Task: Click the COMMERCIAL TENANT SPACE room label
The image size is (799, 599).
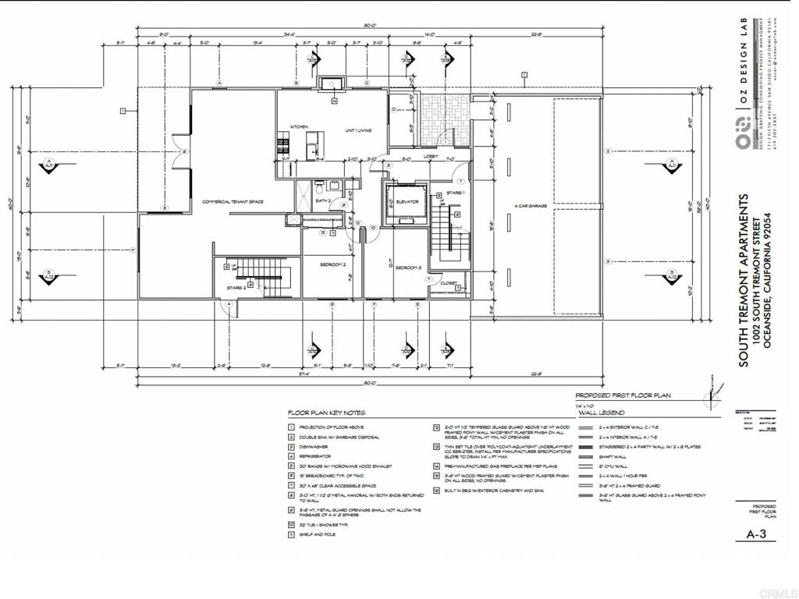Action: (x=233, y=202)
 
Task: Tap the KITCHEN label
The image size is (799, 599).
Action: (x=300, y=126)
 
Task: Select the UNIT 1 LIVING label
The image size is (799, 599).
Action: (x=358, y=130)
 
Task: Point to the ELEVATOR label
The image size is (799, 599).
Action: (x=407, y=202)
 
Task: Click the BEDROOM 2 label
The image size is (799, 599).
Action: (x=332, y=265)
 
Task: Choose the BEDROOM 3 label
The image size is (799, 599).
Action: (x=408, y=268)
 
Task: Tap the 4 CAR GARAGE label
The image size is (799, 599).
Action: (x=527, y=206)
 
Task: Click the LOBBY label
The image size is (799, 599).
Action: (x=431, y=156)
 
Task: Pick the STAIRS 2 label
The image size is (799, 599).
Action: (x=236, y=288)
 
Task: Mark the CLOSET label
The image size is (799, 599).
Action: (x=448, y=283)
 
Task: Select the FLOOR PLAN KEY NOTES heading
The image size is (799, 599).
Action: (x=326, y=413)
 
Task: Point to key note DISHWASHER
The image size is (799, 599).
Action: (x=313, y=447)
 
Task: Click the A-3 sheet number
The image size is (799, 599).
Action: (x=755, y=536)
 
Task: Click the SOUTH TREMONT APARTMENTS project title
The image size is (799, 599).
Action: (x=744, y=279)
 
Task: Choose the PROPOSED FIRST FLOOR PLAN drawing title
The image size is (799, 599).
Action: (x=623, y=396)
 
